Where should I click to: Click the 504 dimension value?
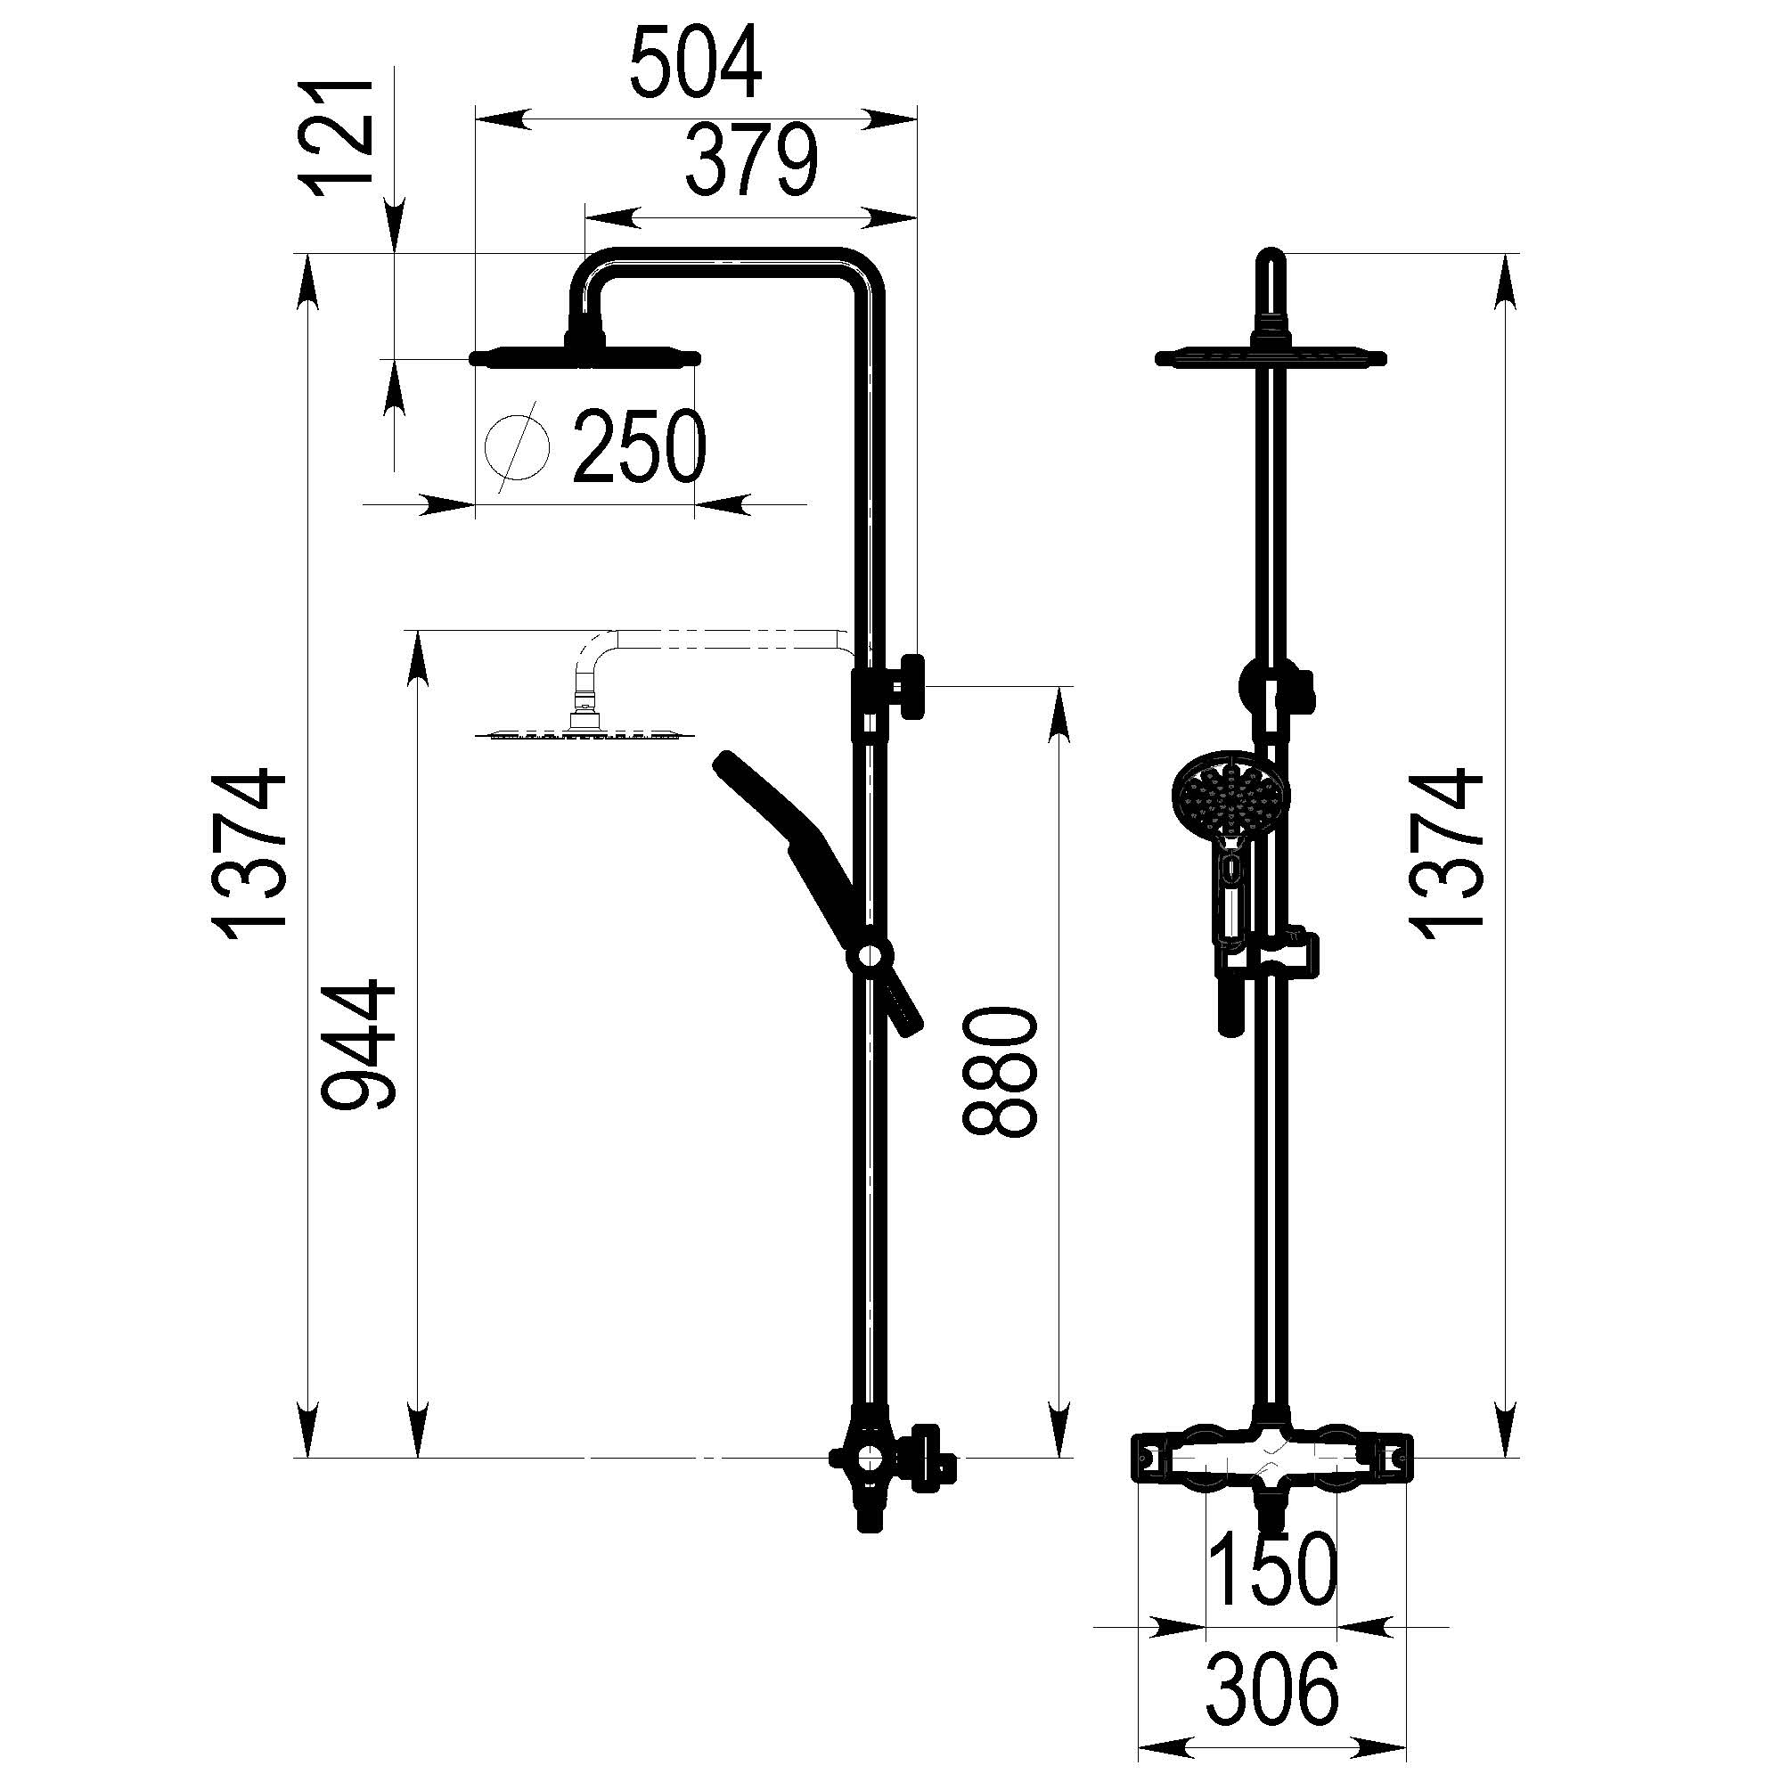coord(697,61)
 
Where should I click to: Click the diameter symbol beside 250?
coord(517,448)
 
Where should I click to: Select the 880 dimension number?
coord(999,1071)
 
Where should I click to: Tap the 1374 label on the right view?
coord(1444,854)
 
